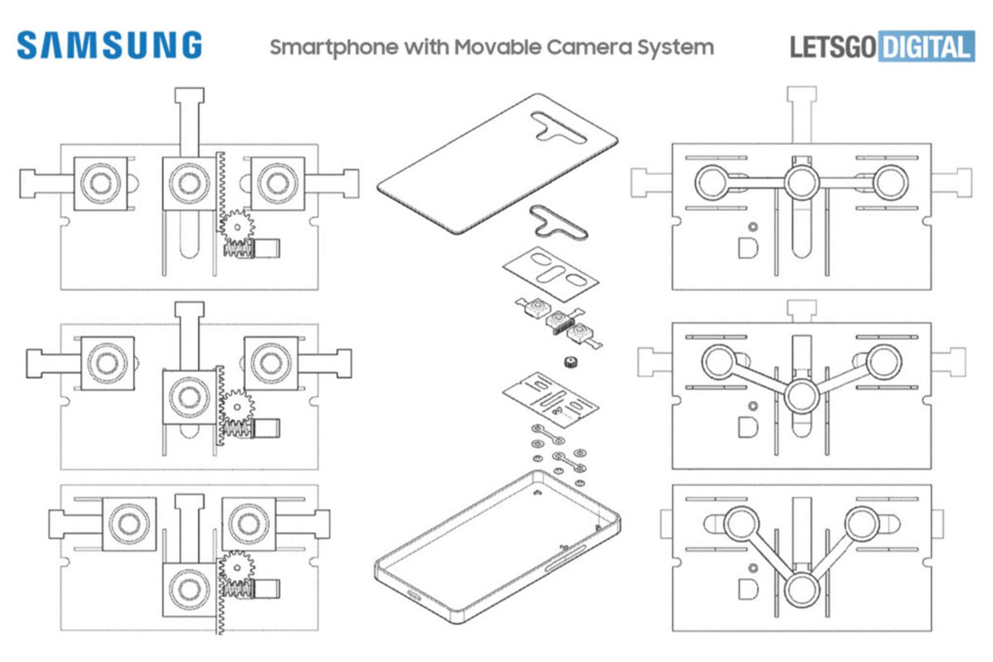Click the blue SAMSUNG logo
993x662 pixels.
pyautogui.click(x=109, y=45)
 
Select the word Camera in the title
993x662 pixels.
pyautogui.click(x=589, y=47)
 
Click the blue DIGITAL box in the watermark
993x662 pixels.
pyautogui.click(x=926, y=47)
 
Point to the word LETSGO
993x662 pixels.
pyautogui.click(x=832, y=47)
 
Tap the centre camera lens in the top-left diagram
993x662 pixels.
pyautogui.click(x=189, y=183)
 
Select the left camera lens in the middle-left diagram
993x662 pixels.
pyautogui.click(x=108, y=363)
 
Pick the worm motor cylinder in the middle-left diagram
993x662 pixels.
pyautogui.click(x=268, y=428)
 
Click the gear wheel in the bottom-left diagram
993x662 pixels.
pyautogui.click(x=237, y=567)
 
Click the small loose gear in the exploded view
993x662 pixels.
pyautogui.click(x=571, y=362)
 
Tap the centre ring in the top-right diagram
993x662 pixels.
pyautogui.click(x=801, y=183)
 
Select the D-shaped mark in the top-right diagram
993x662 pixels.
pyautogui.click(x=748, y=248)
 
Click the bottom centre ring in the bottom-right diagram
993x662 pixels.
pyautogui.click(x=801, y=590)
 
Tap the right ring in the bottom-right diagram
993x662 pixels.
pyautogui.click(x=862, y=523)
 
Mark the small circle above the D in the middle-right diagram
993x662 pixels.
pyautogui.click(x=753, y=406)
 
